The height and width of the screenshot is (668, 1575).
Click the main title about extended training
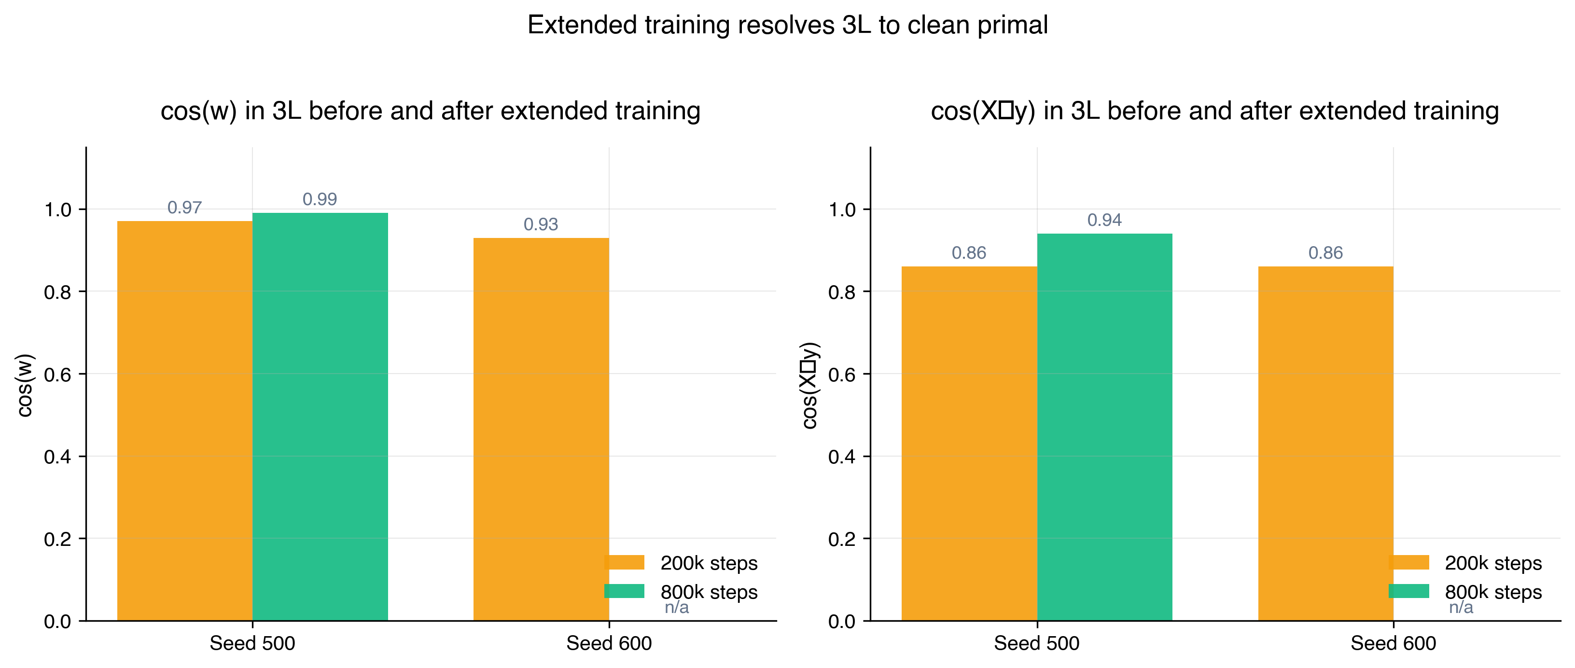click(788, 25)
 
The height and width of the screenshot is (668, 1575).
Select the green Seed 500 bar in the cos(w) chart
click(320, 416)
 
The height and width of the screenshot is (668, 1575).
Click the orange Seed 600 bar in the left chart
click(541, 428)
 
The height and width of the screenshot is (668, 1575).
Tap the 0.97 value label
click(185, 208)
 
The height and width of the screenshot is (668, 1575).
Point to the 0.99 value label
click(320, 199)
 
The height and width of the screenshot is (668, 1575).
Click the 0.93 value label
click(541, 224)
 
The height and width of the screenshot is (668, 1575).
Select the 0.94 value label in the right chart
click(1104, 220)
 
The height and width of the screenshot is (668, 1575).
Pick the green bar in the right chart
click(1104, 428)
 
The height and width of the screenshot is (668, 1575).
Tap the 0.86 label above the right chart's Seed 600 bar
click(1325, 253)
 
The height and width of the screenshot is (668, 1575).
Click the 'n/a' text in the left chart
click(676, 608)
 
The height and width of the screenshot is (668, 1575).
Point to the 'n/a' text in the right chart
click(1461, 608)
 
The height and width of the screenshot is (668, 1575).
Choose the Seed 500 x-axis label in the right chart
click(1036, 643)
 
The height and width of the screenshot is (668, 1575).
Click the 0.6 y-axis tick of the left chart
click(57, 375)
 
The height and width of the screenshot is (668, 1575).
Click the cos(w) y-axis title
click(25, 385)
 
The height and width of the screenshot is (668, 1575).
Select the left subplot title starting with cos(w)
click(431, 111)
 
